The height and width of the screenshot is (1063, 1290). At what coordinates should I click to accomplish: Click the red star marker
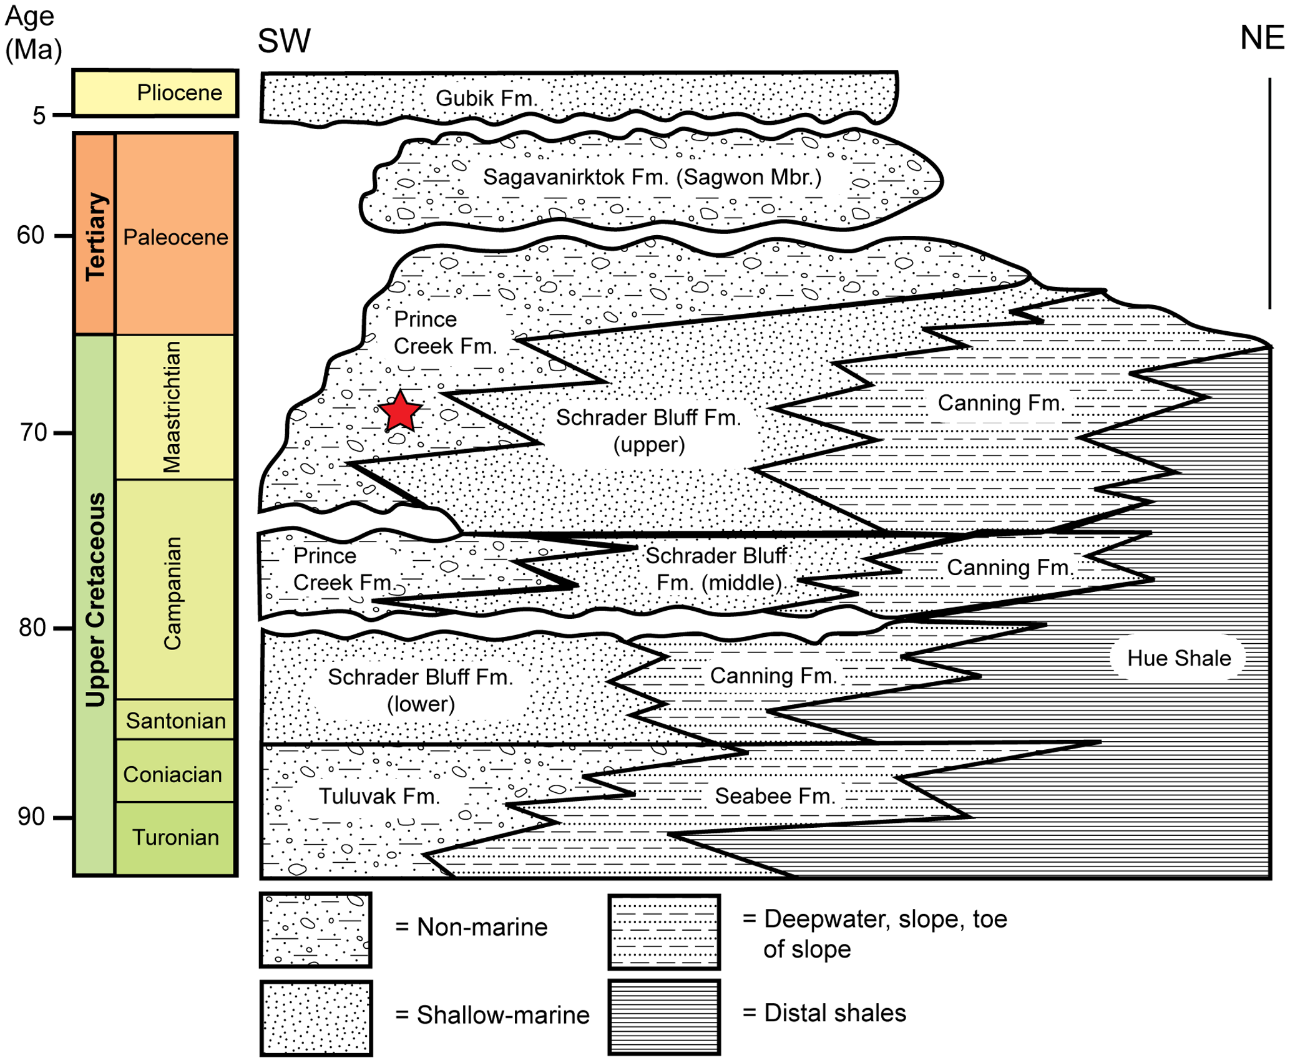(x=399, y=412)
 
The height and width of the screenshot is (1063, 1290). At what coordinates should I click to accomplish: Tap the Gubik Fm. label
(x=486, y=99)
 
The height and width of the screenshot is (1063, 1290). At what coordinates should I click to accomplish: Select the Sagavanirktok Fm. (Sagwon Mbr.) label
(x=652, y=177)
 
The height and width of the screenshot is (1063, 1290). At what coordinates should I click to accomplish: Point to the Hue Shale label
(x=1178, y=658)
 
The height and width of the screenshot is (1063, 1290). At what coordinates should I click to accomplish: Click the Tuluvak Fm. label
(x=379, y=797)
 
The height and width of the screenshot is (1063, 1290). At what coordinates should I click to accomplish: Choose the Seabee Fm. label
(x=774, y=797)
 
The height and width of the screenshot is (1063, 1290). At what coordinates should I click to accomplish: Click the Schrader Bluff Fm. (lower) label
(x=420, y=691)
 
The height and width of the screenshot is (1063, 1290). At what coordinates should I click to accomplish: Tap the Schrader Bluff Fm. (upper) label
(x=648, y=431)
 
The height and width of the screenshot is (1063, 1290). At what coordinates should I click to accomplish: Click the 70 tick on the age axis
(x=62, y=433)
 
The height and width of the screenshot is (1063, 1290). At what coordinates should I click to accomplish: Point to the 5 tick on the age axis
(x=62, y=115)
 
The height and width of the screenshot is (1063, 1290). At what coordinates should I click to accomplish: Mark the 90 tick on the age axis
(x=62, y=817)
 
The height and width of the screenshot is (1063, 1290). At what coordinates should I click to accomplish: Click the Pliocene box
(x=155, y=93)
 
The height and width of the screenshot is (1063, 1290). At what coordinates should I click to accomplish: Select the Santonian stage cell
(x=175, y=721)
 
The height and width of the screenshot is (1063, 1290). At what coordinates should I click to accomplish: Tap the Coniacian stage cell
(x=173, y=774)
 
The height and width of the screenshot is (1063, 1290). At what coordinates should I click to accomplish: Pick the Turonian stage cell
(x=175, y=837)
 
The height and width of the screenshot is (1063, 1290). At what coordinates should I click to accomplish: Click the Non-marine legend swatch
(x=316, y=930)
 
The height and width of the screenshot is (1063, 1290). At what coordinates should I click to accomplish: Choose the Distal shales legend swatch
(x=664, y=1017)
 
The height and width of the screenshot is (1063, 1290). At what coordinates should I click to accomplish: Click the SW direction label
(x=284, y=41)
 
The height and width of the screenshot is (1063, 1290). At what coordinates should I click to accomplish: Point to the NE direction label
(x=1261, y=38)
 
